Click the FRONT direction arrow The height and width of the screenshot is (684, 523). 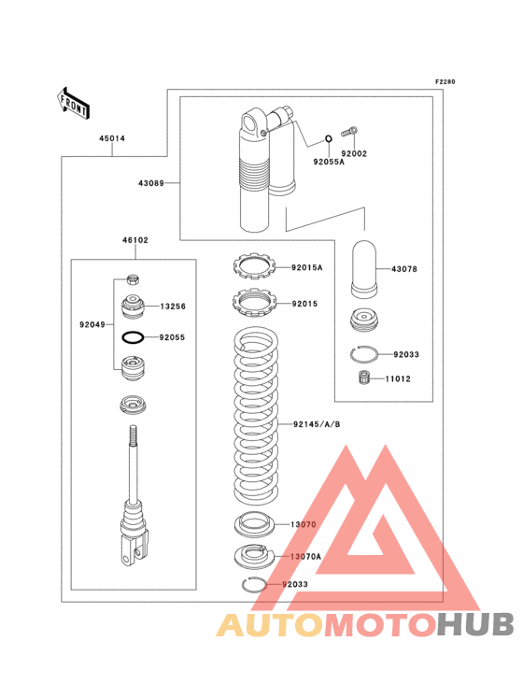[73, 103]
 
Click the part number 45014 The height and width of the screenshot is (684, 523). [112, 138]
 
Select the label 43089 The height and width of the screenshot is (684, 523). [151, 183]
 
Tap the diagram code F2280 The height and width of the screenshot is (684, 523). [445, 81]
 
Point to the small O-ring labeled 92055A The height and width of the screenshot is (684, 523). [329, 139]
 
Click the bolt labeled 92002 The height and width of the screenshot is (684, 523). [348, 132]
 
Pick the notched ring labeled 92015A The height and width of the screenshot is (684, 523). [255, 266]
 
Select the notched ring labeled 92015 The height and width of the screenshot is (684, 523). [255, 303]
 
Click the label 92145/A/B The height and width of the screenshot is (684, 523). [317, 424]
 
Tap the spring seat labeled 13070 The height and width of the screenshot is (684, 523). [254, 525]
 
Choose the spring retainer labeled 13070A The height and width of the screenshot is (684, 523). [254, 557]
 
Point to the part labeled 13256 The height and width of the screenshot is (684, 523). [133, 306]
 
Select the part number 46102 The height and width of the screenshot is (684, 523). [135, 240]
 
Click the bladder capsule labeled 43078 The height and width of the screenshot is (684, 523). [364, 269]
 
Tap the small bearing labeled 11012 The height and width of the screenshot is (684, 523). [364, 378]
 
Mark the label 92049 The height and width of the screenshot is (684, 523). [92, 324]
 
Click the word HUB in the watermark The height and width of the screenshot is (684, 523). [476, 625]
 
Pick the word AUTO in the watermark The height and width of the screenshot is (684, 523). [270, 625]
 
